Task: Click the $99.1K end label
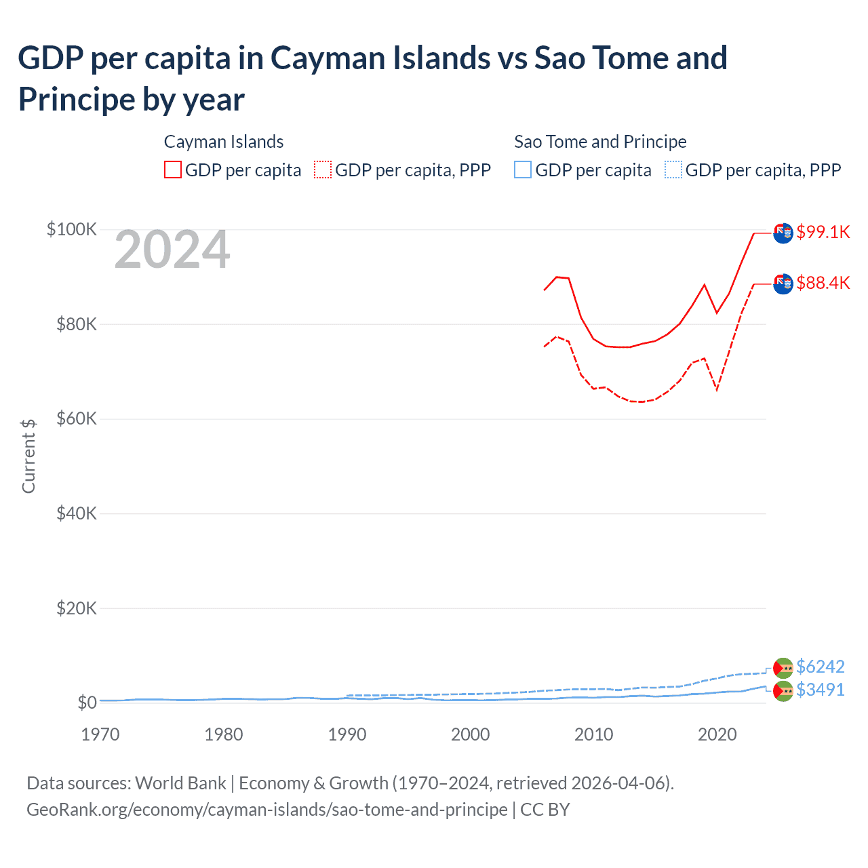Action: pos(823,232)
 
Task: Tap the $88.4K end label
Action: pos(823,283)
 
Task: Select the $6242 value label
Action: pos(820,667)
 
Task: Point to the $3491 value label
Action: pos(820,690)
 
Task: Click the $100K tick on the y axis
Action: pos(72,229)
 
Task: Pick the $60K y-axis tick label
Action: pos(76,418)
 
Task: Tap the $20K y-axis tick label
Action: pos(76,608)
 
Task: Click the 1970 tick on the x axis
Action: pos(100,734)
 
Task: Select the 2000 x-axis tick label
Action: pos(471,734)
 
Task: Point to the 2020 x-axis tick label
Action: pos(717,734)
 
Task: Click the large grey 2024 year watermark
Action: pos(172,250)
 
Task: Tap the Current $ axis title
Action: pos(28,456)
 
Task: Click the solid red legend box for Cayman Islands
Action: pos(173,170)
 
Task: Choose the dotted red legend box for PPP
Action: pos(323,170)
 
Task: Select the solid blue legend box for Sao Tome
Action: pos(523,170)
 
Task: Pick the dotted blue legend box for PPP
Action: pos(673,170)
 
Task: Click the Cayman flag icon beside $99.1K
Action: pos(783,233)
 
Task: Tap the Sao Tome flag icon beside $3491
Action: pos(783,691)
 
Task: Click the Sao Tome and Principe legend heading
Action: pos(600,142)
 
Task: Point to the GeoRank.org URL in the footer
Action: pos(267,810)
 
